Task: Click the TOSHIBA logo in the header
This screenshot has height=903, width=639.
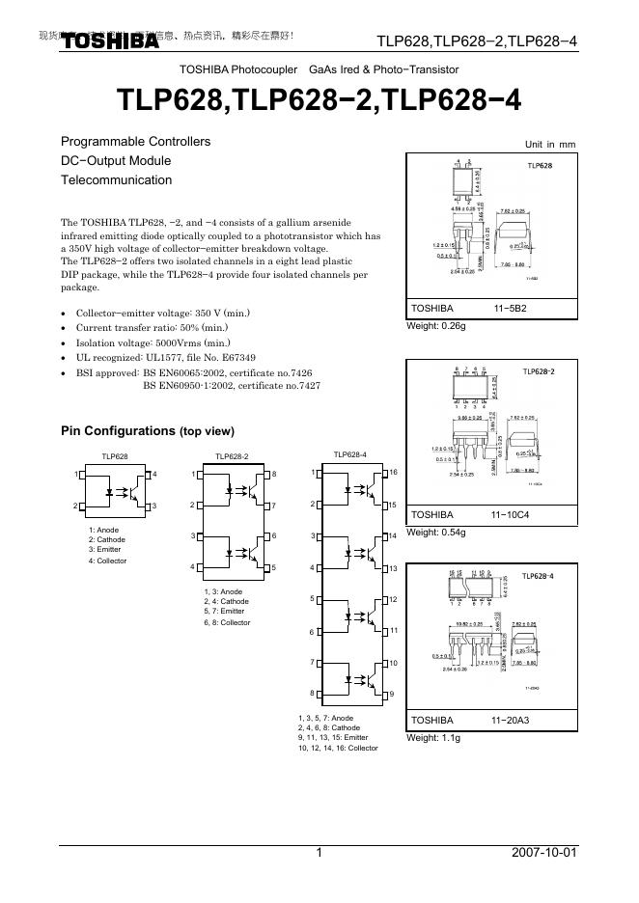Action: [111, 41]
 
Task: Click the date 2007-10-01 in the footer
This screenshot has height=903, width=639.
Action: [544, 853]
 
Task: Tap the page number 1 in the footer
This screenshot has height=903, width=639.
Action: [319, 853]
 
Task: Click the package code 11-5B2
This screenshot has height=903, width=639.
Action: [511, 309]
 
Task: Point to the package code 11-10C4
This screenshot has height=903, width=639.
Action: [510, 515]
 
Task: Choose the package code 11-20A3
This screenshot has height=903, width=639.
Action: [510, 721]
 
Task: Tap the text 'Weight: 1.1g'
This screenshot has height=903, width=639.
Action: [433, 738]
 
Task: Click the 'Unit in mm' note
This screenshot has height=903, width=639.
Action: [549, 144]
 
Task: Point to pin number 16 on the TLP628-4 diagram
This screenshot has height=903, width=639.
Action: [393, 473]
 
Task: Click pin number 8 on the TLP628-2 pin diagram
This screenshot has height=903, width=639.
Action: [274, 474]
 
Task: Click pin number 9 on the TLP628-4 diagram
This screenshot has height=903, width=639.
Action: [392, 694]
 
